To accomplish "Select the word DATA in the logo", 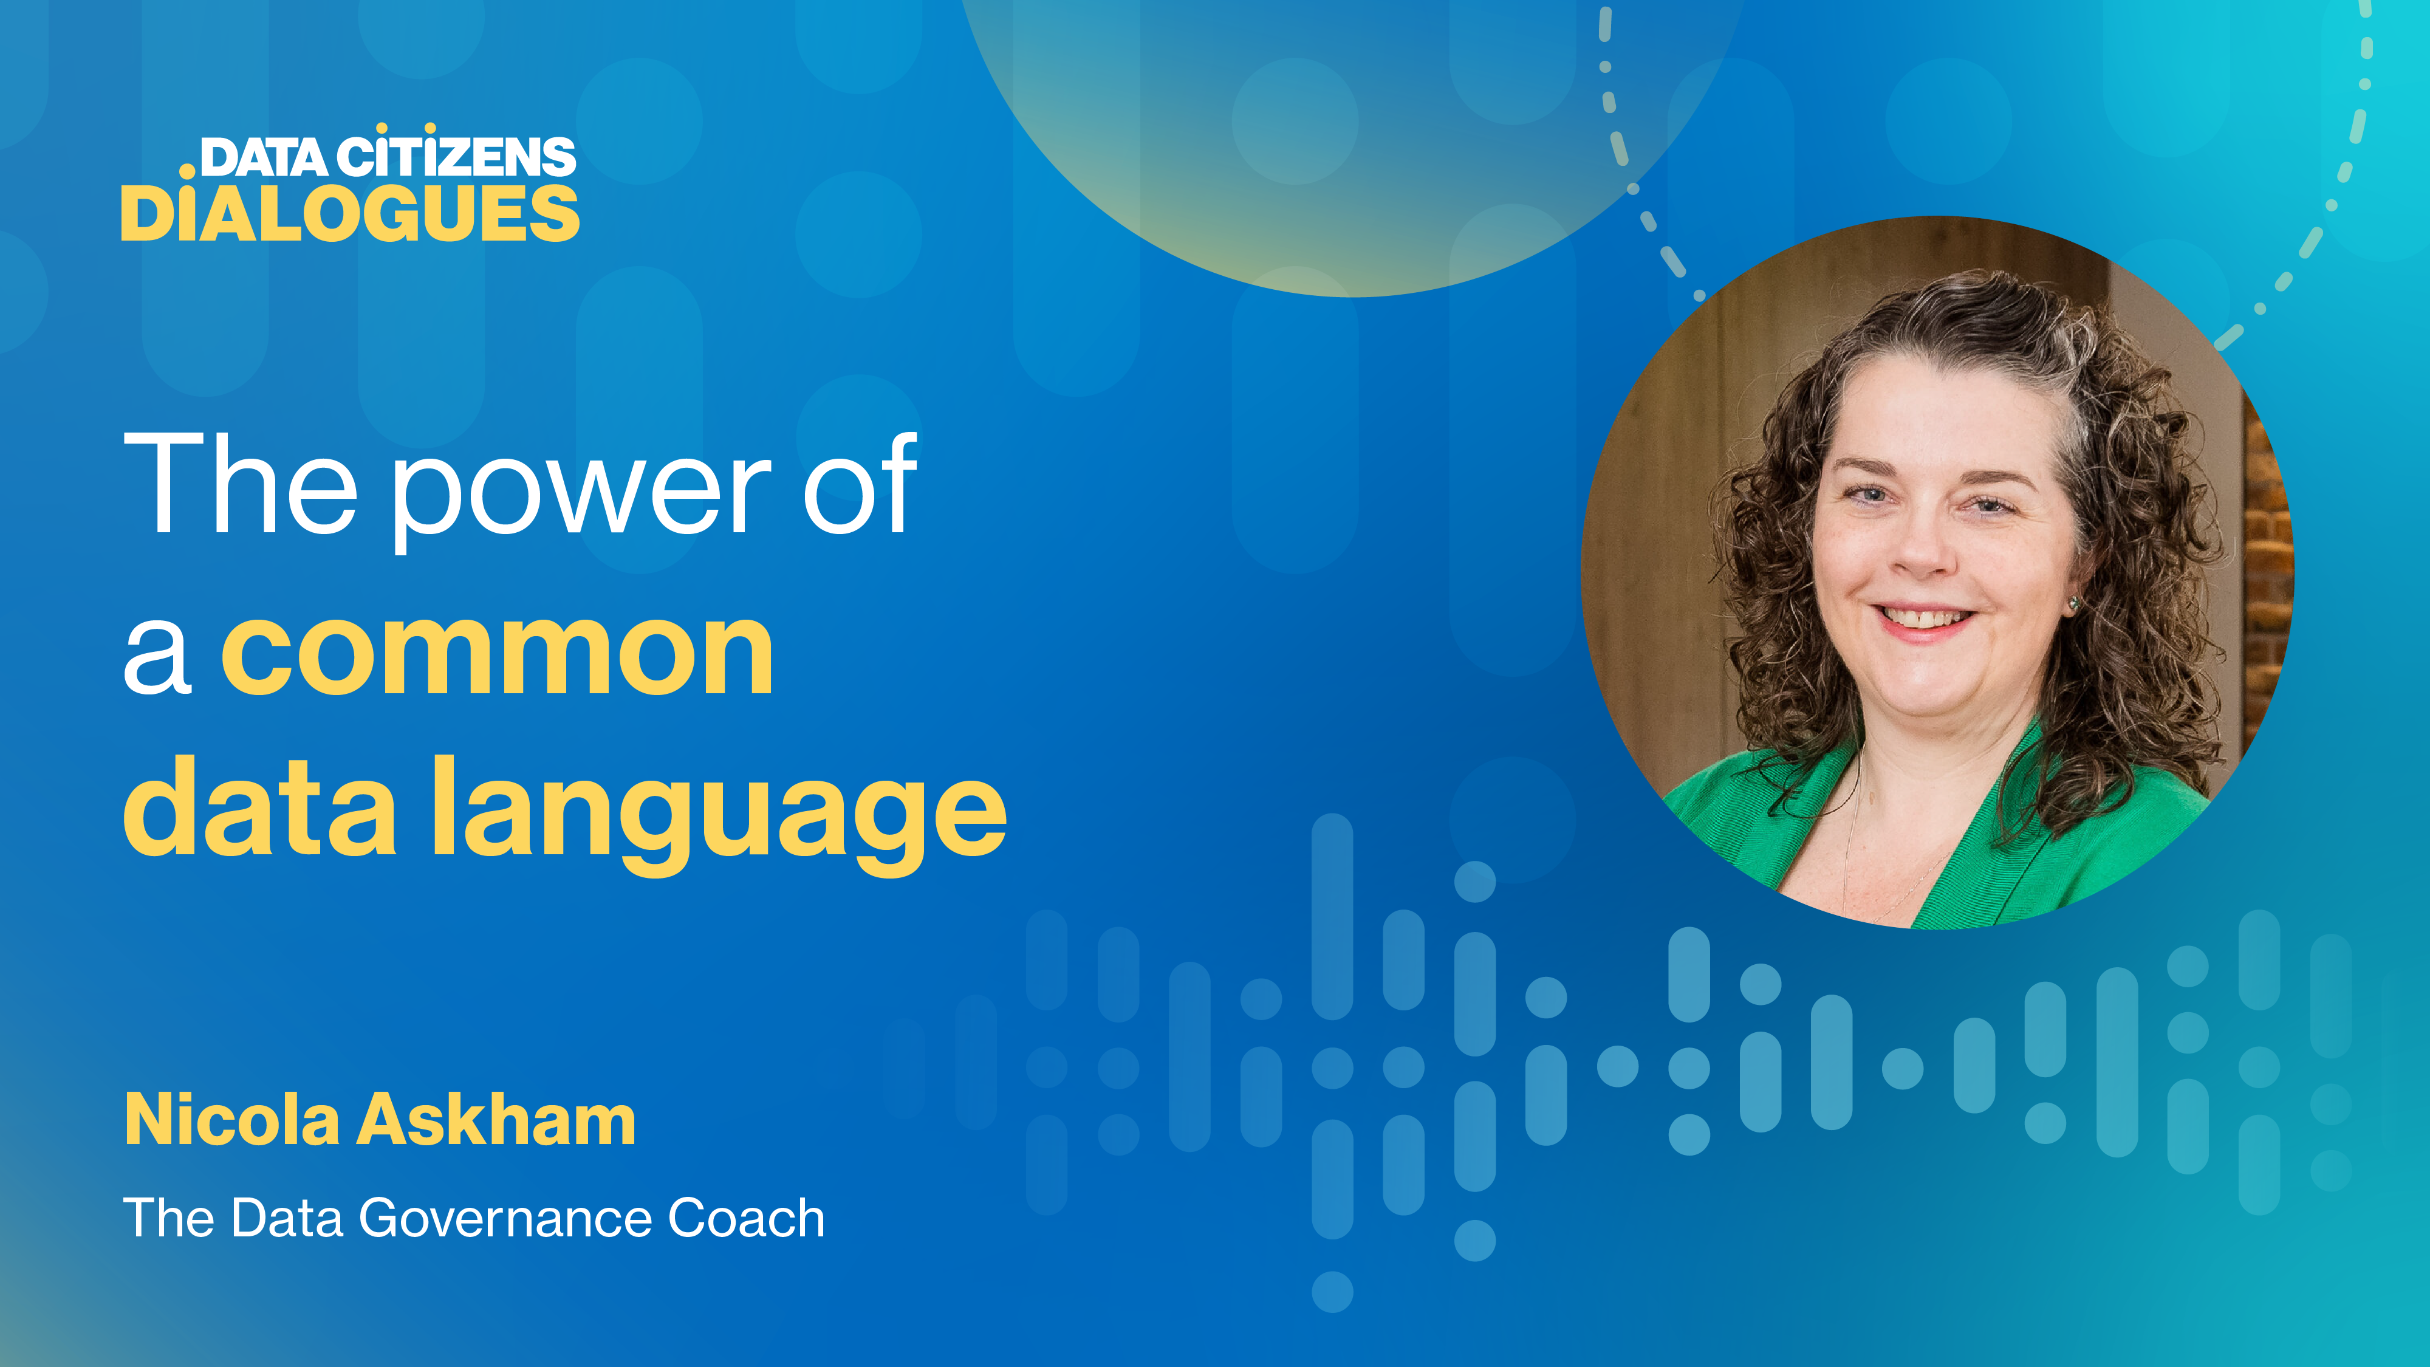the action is (x=264, y=157).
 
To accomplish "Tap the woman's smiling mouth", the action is (x=1925, y=621).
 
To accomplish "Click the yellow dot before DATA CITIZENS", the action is (x=188, y=171).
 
